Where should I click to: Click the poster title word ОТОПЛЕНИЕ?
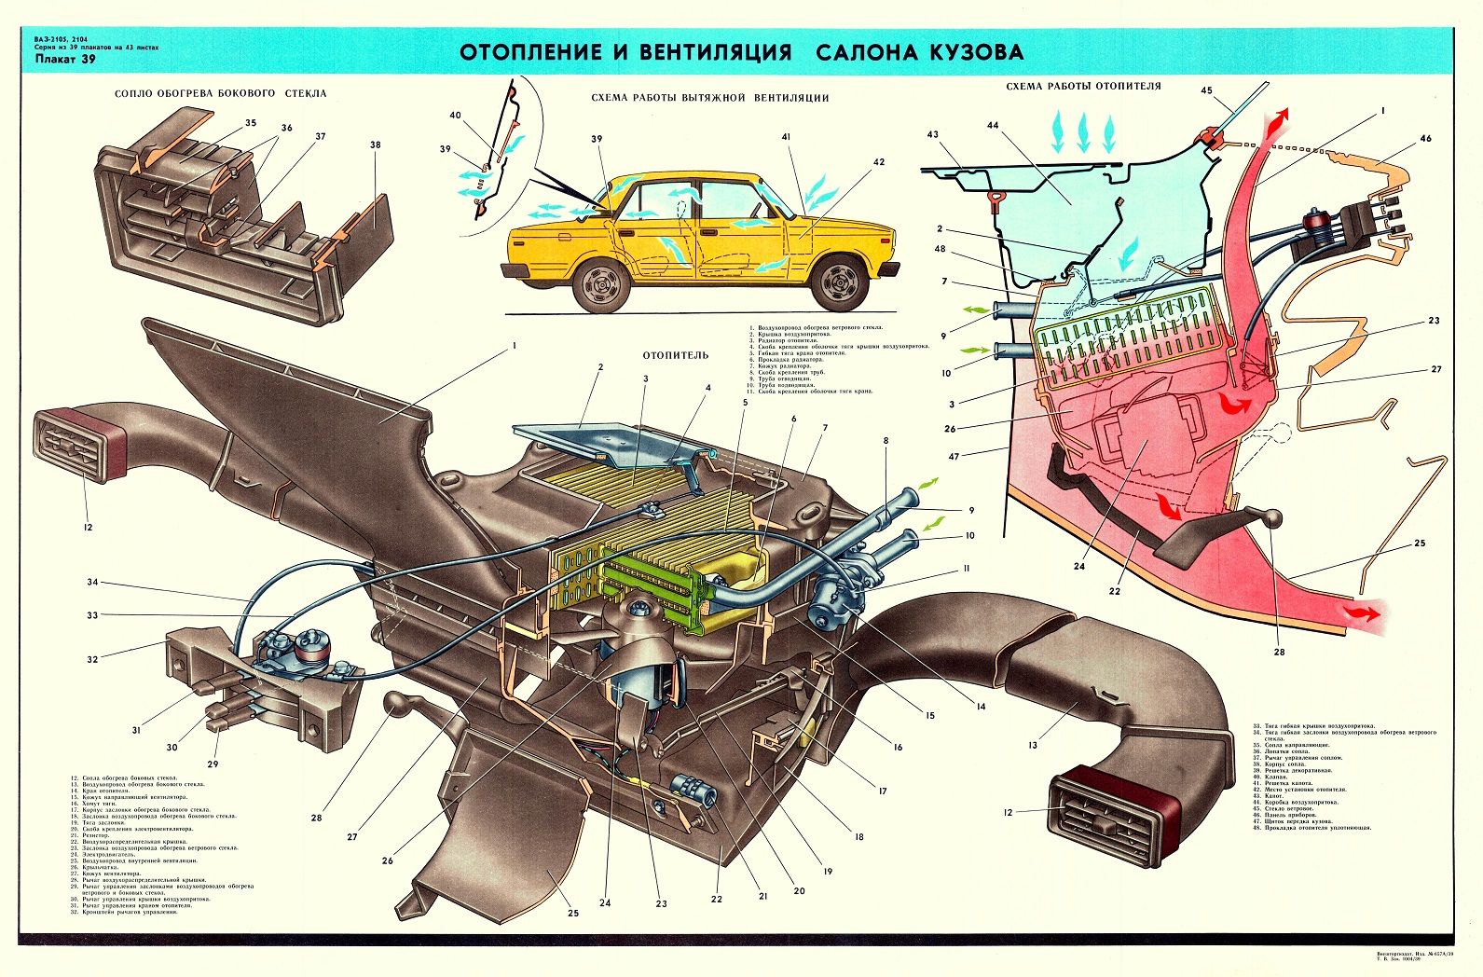(526, 52)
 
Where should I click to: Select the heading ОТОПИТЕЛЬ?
(675, 355)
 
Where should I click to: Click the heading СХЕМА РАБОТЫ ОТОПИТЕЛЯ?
(1083, 86)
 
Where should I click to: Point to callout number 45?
(1206, 91)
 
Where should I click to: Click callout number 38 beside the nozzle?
(375, 145)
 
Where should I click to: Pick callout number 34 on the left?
(92, 583)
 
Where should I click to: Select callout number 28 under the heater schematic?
(1279, 652)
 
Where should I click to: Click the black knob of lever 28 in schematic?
(1271, 519)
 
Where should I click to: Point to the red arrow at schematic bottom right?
(1365, 612)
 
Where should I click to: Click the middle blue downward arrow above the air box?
(1083, 131)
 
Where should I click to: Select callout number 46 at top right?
(1425, 138)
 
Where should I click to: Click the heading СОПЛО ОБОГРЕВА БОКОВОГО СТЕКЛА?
(220, 93)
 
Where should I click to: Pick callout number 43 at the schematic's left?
(932, 135)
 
